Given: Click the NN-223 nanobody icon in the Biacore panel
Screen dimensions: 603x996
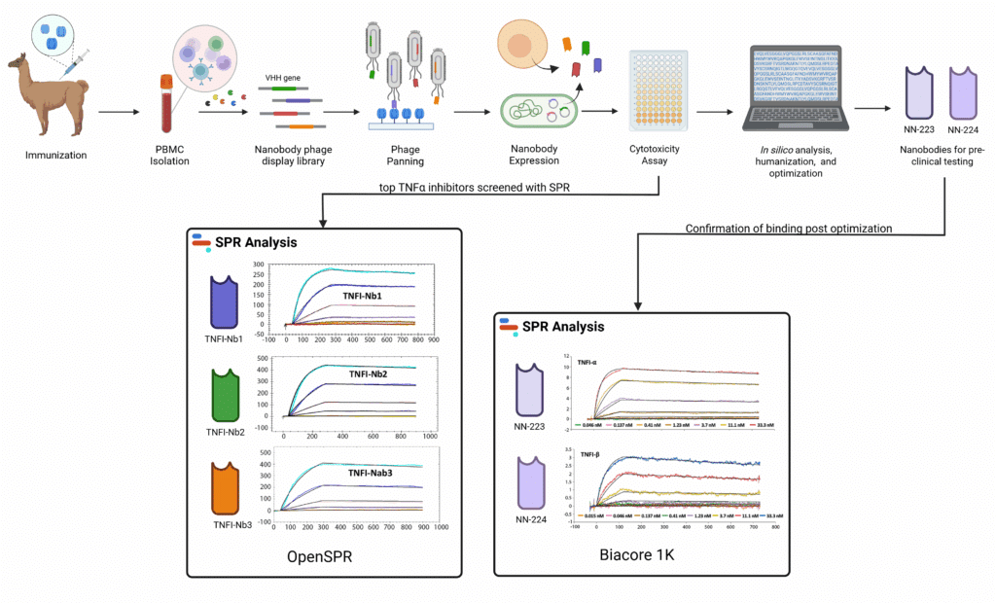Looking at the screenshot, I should click(534, 389).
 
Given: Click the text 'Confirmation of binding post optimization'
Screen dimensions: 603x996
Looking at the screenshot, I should click(789, 230).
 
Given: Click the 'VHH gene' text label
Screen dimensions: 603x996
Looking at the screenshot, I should click(283, 77).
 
